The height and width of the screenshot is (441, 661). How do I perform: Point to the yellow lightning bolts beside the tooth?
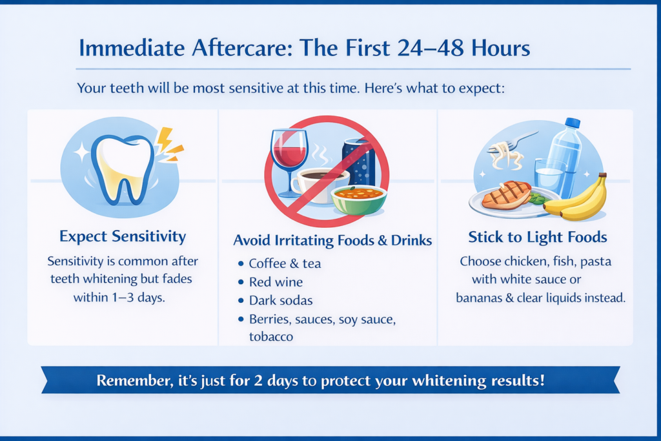(170, 145)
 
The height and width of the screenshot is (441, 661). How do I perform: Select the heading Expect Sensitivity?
(123, 236)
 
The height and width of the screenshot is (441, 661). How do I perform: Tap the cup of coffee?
(317, 184)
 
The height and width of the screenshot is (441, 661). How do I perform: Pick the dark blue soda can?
(359, 162)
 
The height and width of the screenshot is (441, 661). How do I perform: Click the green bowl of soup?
(359, 200)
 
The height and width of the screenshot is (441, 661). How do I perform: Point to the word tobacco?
(271, 337)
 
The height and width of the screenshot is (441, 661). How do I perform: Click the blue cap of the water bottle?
(572, 122)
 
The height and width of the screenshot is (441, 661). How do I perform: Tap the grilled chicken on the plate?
(506, 194)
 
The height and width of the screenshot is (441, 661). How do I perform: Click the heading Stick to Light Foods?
(538, 238)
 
